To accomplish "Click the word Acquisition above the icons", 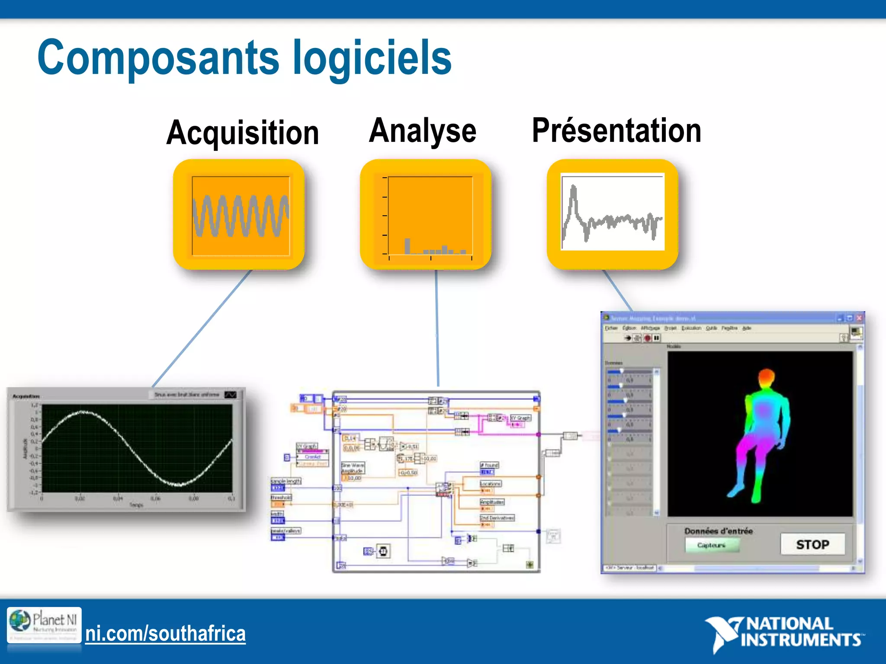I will tap(243, 133).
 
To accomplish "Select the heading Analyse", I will tap(423, 131).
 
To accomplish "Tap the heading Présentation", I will tap(616, 131).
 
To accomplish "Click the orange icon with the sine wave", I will tap(239, 215).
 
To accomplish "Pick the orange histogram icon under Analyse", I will tap(426, 215).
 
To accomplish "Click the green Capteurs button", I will tap(712, 545).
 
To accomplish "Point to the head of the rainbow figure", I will tap(766, 376).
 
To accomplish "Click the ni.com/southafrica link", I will tap(165, 634).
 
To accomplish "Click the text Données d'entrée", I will tap(718, 531).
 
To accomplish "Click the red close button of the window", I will tap(859, 318).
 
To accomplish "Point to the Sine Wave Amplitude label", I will tap(353, 468).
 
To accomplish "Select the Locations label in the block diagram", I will tap(491, 484).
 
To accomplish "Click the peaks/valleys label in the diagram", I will tap(286, 530).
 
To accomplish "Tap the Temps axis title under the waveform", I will tap(136, 505).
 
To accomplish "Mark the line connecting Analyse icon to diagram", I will tap(437, 329).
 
